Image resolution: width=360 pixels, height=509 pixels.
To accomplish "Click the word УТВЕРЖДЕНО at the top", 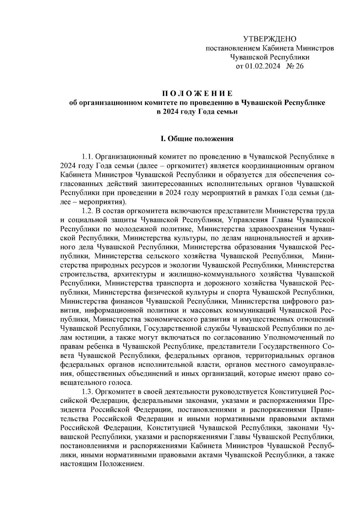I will (x=269, y=39).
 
